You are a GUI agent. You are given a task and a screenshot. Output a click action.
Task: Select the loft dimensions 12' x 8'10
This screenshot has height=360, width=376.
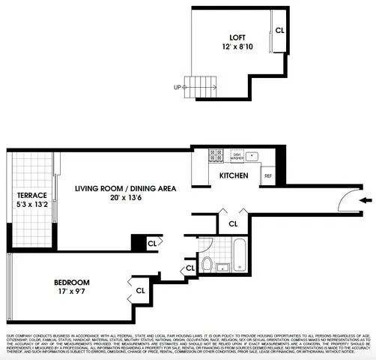pyautogui.click(x=238, y=47)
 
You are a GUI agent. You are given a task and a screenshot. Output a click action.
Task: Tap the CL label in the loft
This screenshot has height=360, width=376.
pyautogui.click(x=279, y=31)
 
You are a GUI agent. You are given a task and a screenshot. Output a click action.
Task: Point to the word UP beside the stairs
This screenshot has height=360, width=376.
pyautogui.click(x=178, y=87)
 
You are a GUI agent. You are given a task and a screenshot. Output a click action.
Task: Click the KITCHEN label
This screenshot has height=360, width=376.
pyautogui.click(x=233, y=175)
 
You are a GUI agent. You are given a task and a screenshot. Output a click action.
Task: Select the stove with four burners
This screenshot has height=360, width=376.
pyautogui.click(x=216, y=155)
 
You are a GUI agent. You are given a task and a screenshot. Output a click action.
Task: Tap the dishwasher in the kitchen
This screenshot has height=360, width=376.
pyautogui.click(x=237, y=156)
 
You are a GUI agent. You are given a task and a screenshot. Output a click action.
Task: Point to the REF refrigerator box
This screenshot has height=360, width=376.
pyautogui.click(x=267, y=176)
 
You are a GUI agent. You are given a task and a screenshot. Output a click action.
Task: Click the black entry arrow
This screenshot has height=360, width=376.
pyautogui.click(x=365, y=200)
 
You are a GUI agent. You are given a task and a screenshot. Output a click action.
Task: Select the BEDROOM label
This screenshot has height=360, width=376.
pyautogui.click(x=73, y=283)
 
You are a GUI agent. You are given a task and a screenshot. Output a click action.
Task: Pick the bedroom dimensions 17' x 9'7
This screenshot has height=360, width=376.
pyautogui.click(x=73, y=293)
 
